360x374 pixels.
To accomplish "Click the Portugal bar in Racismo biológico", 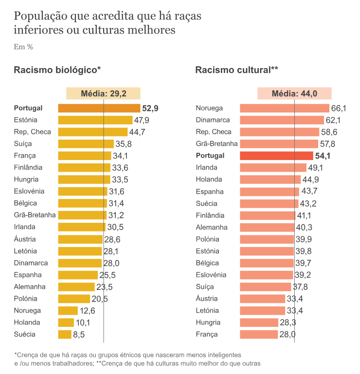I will coord(99,108).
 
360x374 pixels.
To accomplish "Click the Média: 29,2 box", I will coord(103,94).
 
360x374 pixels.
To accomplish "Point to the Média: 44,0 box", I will coord(294,94).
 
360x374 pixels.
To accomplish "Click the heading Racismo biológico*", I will coord(57,70).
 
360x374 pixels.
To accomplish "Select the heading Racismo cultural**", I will coord(236,70).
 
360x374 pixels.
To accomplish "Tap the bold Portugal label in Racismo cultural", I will coord(210,156).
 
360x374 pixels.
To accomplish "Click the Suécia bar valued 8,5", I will coord(65,334).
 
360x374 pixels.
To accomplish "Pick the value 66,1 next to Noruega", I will coord(339,108).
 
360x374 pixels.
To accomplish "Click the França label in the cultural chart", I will coord(207,334).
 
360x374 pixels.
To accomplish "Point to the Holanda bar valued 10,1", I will coord(66,322).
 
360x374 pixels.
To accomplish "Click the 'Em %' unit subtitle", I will coord(23,47).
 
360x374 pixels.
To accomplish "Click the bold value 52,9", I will coord(150,108).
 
